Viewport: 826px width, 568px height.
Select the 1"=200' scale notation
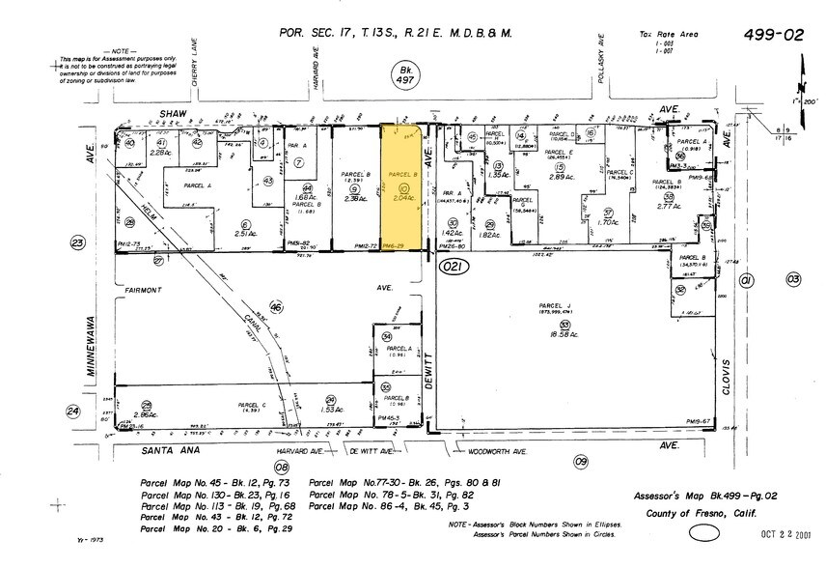[x=805, y=99]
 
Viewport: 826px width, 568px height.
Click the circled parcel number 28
[x=147, y=405]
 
